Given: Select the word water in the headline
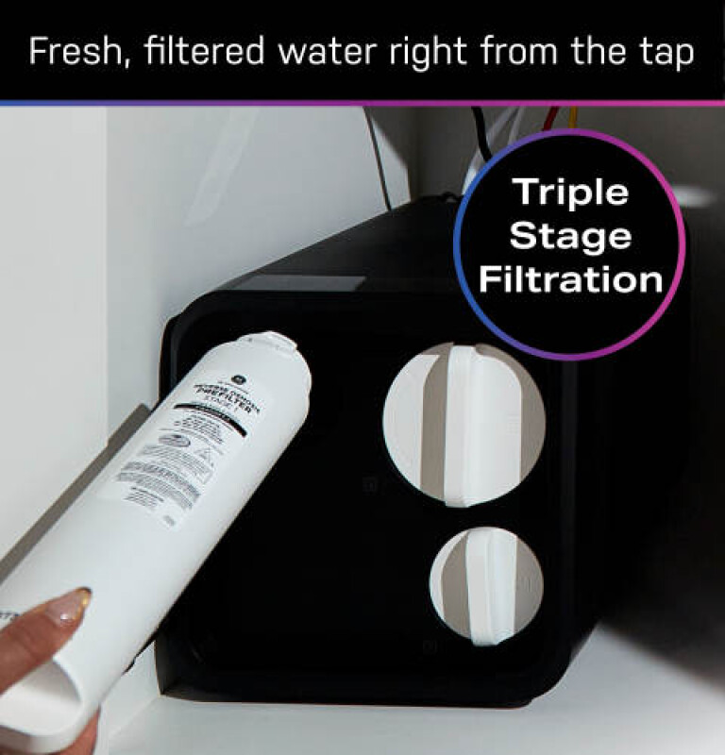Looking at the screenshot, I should (299, 52).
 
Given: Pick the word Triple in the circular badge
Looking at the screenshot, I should (569, 193).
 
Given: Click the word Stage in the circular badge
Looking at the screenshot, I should (569, 236).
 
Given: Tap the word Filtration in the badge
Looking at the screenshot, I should (569, 279).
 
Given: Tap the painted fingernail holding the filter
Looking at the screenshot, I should (67, 609).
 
